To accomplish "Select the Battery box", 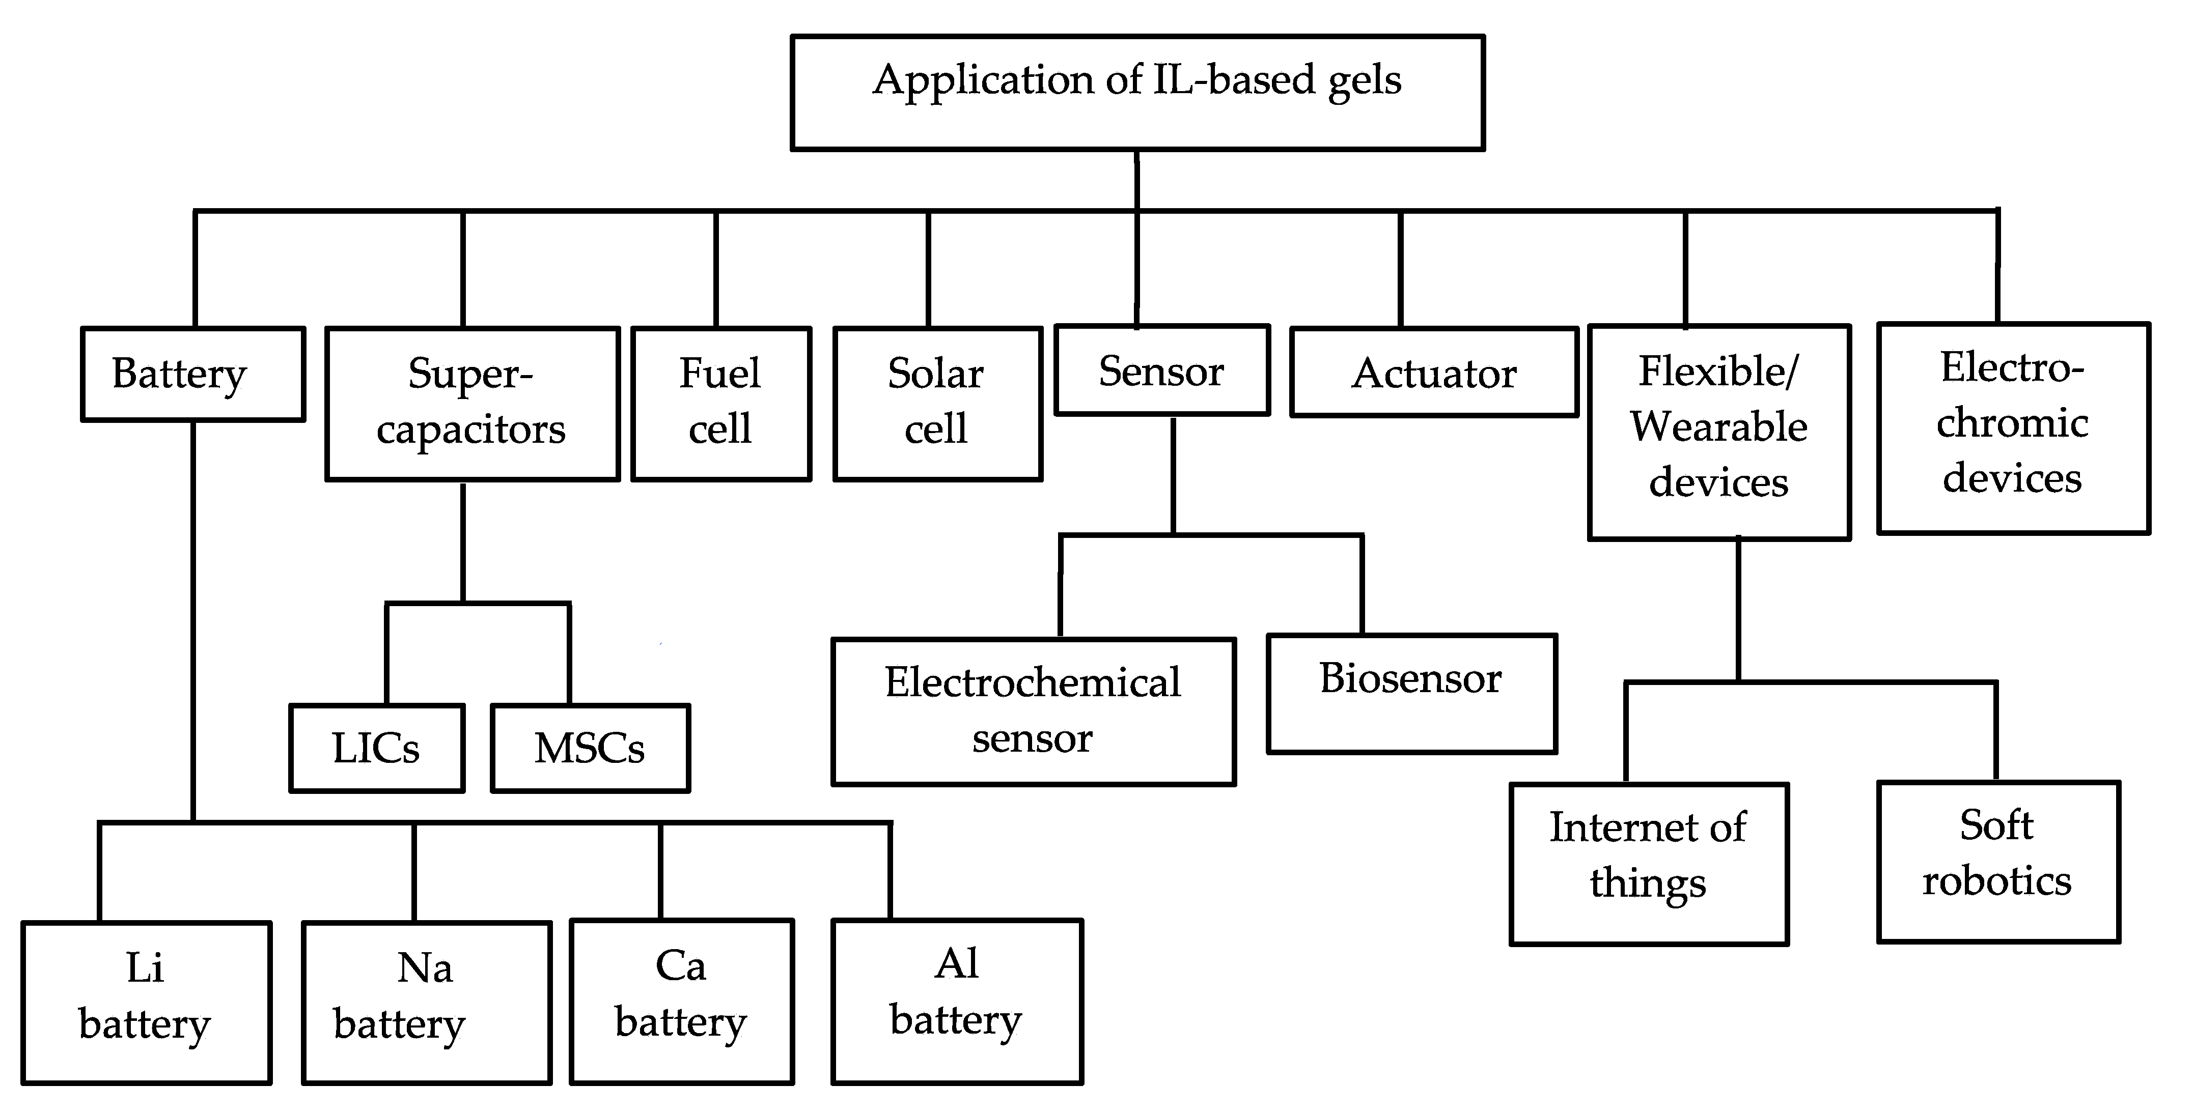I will pyautogui.click(x=192, y=374).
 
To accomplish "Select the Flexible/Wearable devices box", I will pyautogui.click(x=1719, y=431).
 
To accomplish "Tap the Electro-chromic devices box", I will pyautogui.click(x=2013, y=427).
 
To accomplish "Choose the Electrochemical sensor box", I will pyautogui.click(x=1033, y=711).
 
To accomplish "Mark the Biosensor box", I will pyautogui.click(x=1411, y=693).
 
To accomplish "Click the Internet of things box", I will pyautogui.click(x=1648, y=864).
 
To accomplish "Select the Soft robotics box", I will pyautogui.click(x=1997, y=861).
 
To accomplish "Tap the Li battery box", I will pyautogui.click(x=146, y=1002).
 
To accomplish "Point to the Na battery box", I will pyautogui.click(x=426, y=1002).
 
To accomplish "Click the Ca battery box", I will pyautogui.click(x=681, y=1001).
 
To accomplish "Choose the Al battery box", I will pyautogui.click(x=956, y=1001).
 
